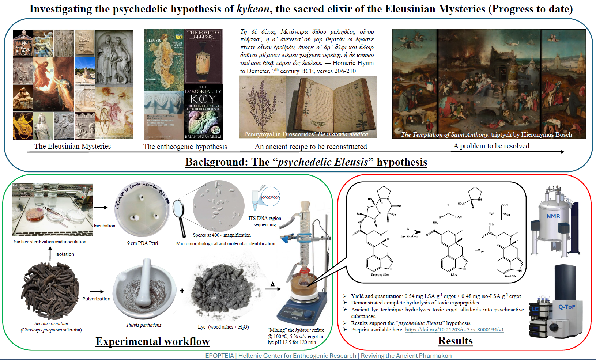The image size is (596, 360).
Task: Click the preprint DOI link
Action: pyautogui.click(x=454, y=330)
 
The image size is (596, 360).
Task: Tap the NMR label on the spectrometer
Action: pyautogui.click(x=553, y=216)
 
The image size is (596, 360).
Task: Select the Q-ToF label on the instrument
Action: pyautogui.click(x=566, y=307)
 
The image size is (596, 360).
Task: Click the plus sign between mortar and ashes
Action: pyautogui.click(x=182, y=291)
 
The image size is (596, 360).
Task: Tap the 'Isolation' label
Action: pyautogui.click(x=65, y=254)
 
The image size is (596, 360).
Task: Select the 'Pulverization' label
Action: pyautogui.click(x=96, y=299)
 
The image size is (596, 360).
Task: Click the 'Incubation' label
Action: pyautogui.click(x=104, y=226)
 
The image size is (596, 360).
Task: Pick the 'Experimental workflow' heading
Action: pyautogui.click(x=152, y=341)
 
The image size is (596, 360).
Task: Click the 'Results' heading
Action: pyautogui.click(x=455, y=341)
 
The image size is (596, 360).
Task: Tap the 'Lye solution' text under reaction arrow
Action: pyautogui.click(x=409, y=236)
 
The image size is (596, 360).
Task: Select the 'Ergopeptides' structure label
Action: pyautogui.click(x=380, y=274)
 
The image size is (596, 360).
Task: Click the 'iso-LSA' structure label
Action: pyautogui.click(x=510, y=276)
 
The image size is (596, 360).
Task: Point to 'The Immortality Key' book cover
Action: pyautogui.click(x=203, y=112)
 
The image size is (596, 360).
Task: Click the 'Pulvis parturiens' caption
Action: pyautogui.click(x=144, y=325)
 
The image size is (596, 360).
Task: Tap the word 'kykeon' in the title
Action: pyautogui.click(x=253, y=9)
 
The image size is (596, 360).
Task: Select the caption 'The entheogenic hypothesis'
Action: pyautogui.click(x=185, y=147)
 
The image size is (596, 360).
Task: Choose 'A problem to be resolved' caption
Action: pyautogui.click(x=491, y=146)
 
